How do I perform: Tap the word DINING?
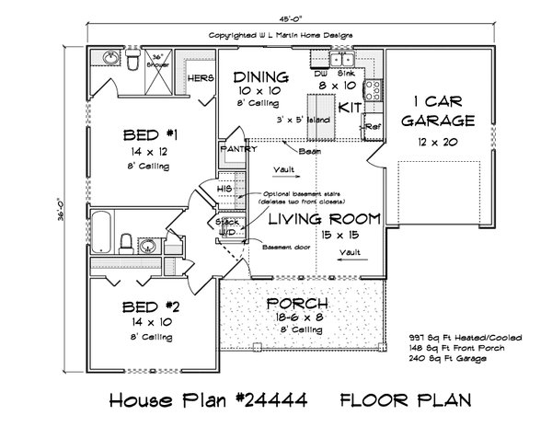click(261, 76)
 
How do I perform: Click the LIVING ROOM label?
click(324, 219)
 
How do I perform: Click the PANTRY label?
click(236, 148)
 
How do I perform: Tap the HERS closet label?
click(201, 78)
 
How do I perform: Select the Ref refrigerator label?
click(372, 126)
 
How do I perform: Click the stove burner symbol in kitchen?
click(373, 89)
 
